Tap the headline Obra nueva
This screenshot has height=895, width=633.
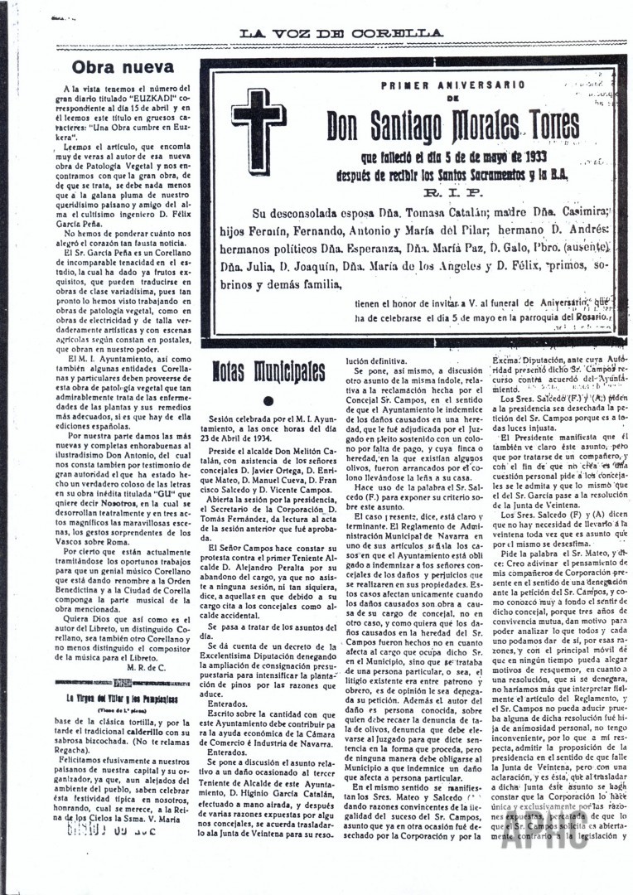coord(122,67)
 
